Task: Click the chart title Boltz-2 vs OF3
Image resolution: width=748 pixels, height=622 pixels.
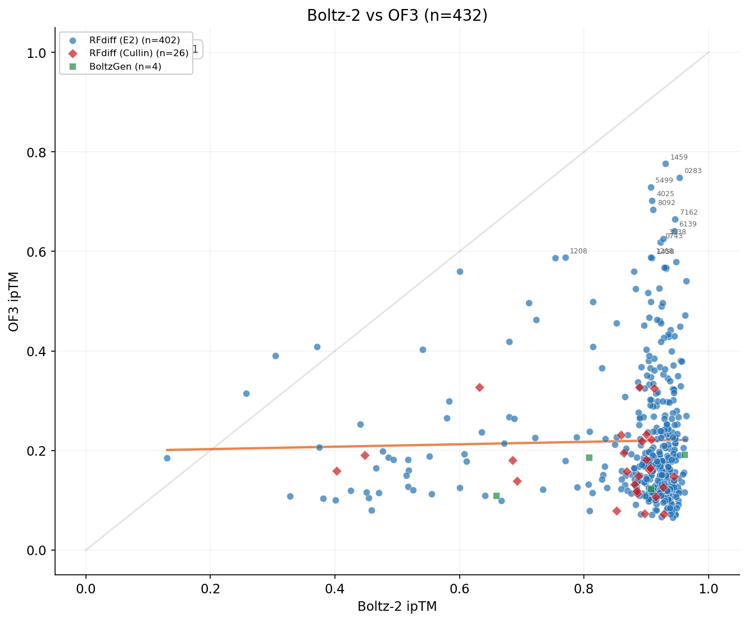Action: click(x=397, y=15)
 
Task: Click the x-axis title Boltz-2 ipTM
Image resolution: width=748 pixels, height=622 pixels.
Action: click(x=397, y=607)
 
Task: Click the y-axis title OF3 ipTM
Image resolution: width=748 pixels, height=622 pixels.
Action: click(x=15, y=301)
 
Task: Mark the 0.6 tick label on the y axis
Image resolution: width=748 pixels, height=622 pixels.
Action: click(x=38, y=252)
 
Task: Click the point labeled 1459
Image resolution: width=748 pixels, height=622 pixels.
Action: click(x=665, y=164)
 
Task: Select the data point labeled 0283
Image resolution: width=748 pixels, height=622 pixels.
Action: click(x=679, y=178)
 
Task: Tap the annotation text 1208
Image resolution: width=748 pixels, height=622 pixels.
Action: click(x=578, y=251)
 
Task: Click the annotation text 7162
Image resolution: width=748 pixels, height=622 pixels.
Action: click(x=688, y=212)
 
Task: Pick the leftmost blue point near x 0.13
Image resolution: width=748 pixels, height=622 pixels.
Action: click(x=167, y=458)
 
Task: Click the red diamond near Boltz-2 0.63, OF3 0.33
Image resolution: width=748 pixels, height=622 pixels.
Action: click(x=479, y=387)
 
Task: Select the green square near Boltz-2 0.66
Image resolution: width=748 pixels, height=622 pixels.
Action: click(x=496, y=496)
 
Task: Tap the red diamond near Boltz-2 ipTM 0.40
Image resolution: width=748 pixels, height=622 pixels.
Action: click(x=337, y=471)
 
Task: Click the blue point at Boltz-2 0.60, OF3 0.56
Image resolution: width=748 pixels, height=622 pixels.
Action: click(x=460, y=271)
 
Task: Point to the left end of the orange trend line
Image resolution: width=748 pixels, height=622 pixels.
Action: click(x=167, y=450)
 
